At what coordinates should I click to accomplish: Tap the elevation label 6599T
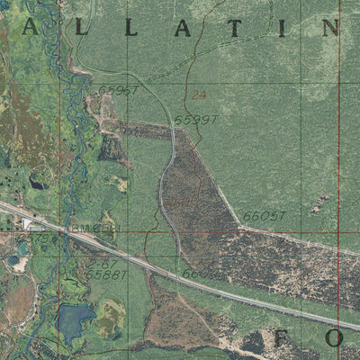tap(193, 119)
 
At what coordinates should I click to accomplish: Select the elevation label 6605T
tap(263, 216)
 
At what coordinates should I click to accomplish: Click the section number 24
tap(198, 94)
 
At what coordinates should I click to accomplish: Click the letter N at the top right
tap(330, 28)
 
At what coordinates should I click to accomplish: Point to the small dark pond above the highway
tap(38, 184)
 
